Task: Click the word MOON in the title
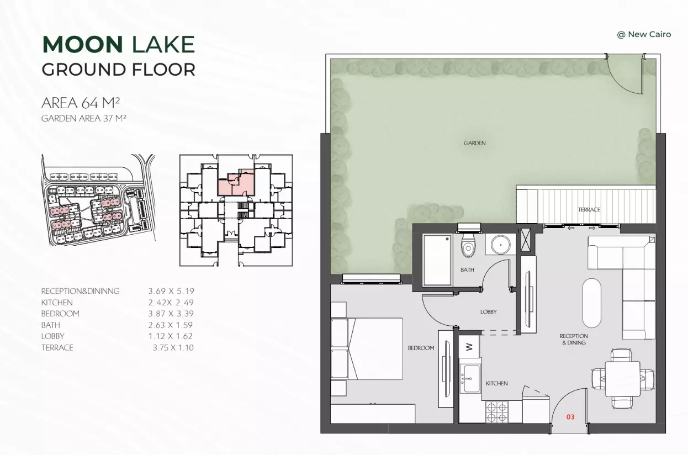pyautogui.click(x=83, y=45)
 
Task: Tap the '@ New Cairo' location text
pyautogui.click(x=644, y=34)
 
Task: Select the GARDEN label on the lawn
pyautogui.click(x=474, y=143)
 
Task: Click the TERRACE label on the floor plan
pyautogui.click(x=589, y=209)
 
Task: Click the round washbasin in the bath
pyautogui.click(x=501, y=245)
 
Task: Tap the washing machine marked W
pyautogui.click(x=469, y=347)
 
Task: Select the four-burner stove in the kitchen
pyautogui.click(x=497, y=412)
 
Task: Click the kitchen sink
pyautogui.click(x=470, y=378)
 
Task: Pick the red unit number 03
pyautogui.click(x=570, y=417)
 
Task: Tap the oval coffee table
pyautogui.click(x=591, y=303)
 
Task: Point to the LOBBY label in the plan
pyautogui.click(x=488, y=311)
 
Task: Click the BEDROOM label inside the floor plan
pyautogui.click(x=421, y=348)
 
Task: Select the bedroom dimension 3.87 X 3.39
pyautogui.click(x=171, y=314)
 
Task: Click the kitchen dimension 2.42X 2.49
pyautogui.click(x=171, y=303)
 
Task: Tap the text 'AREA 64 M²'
pyautogui.click(x=81, y=103)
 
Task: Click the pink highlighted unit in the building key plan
pyautogui.click(x=236, y=183)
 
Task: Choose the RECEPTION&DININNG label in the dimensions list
pyautogui.click(x=80, y=291)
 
